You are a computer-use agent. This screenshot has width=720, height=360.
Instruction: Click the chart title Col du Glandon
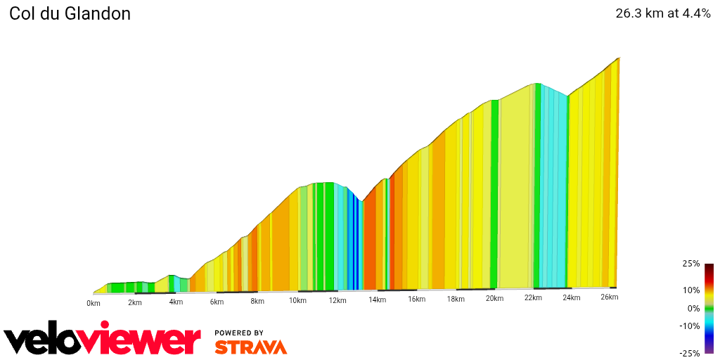click(x=70, y=14)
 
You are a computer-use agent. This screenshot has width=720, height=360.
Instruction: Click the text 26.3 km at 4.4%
click(x=663, y=13)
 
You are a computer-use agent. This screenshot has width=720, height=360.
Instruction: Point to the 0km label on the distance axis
click(x=94, y=303)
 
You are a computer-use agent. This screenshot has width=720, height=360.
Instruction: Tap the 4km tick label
click(x=176, y=302)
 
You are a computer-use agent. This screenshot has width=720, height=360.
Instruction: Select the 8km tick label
click(x=257, y=302)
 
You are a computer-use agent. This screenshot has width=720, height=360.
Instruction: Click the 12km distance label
click(x=337, y=301)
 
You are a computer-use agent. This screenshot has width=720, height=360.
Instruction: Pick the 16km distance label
click(x=416, y=300)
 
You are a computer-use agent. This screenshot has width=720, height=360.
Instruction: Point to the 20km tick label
click(x=494, y=299)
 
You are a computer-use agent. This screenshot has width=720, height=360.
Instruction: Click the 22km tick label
click(x=533, y=298)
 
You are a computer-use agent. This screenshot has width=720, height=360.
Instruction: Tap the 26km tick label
click(x=610, y=297)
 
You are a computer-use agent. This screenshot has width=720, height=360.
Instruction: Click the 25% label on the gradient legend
click(x=691, y=264)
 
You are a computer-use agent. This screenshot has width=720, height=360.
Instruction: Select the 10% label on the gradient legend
click(x=691, y=290)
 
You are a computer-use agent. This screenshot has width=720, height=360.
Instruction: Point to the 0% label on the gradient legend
click(x=693, y=308)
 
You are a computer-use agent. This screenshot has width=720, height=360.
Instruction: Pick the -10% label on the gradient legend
click(x=690, y=326)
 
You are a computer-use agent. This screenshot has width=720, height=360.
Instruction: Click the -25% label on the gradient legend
click(x=690, y=353)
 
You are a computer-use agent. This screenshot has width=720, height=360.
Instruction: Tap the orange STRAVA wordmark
click(x=250, y=347)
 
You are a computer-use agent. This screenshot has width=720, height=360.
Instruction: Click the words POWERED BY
click(x=239, y=333)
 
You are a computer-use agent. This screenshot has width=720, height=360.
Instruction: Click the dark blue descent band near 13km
click(x=354, y=243)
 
